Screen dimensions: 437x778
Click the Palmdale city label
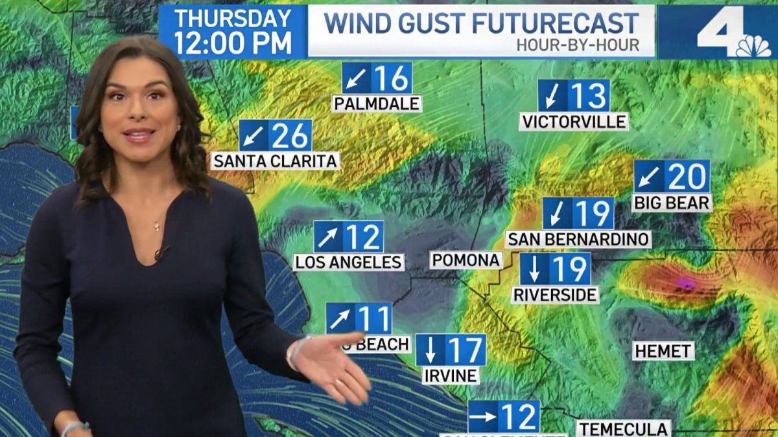(x=377, y=104)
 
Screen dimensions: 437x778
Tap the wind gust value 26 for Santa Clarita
(x=290, y=136)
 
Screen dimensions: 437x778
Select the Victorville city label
(x=574, y=122)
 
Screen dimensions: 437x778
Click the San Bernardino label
(x=578, y=239)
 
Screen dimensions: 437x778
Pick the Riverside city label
(x=555, y=295)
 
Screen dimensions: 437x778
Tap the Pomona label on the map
(x=467, y=260)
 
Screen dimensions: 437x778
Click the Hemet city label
(x=663, y=352)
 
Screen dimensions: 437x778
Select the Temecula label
(x=624, y=429)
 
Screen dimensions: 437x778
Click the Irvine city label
(x=451, y=375)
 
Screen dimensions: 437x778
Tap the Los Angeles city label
(x=349, y=262)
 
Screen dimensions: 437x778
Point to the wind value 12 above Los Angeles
(x=363, y=237)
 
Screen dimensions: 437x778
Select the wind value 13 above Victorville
(x=589, y=96)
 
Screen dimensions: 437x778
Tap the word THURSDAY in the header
(x=232, y=18)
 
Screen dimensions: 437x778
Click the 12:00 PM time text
(x=233, y=43)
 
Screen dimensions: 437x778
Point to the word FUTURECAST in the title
(x=555, y=23)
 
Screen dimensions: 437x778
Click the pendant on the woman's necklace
(x=156, y=226)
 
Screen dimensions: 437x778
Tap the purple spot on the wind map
(x=685, y=283)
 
